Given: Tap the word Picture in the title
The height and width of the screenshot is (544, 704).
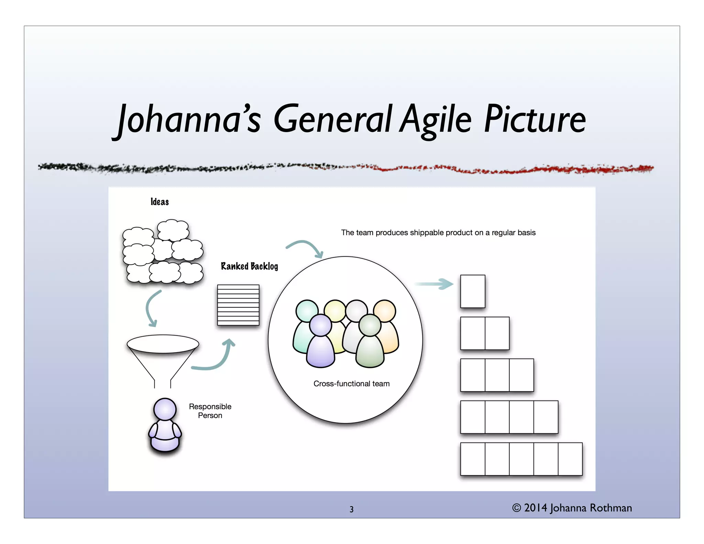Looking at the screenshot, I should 535,119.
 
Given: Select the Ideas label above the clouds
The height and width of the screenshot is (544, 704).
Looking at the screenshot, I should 159,202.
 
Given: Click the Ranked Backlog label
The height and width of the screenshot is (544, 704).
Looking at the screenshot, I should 249,266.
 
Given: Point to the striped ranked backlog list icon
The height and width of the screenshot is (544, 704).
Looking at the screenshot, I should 238,305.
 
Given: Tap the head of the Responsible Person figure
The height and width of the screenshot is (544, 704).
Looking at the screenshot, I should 165,409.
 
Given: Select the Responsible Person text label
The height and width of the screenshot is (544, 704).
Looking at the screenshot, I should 210,411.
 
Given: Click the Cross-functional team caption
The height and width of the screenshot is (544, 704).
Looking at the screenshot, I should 351,384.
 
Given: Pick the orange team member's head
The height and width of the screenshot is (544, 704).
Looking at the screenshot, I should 385,311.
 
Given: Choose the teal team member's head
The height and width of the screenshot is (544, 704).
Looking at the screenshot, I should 307,311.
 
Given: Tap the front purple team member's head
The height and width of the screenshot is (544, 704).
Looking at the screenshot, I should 320,325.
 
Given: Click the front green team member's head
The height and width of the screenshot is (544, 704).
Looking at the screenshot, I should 370,325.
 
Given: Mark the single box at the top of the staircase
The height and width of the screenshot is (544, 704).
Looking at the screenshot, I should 473,291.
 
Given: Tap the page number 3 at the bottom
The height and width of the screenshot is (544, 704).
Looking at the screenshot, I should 351,509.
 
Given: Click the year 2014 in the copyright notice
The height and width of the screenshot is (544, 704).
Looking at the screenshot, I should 535,508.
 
